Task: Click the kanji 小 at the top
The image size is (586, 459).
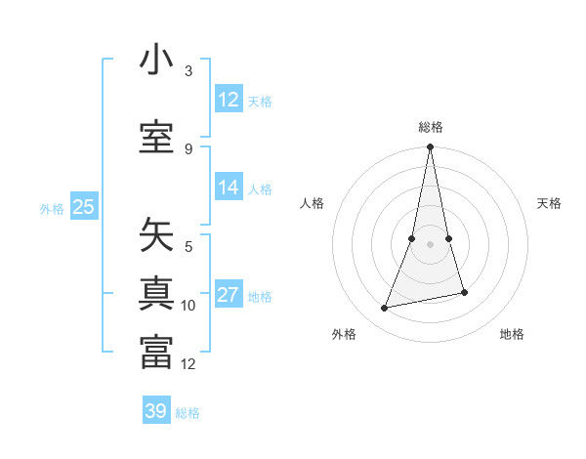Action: click(156, 61)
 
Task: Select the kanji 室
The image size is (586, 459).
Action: click(156, 137)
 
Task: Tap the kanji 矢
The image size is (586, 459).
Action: click(156, 235)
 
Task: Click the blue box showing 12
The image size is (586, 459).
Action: click(229, 100)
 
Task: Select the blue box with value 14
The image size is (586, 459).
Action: click(229, 188)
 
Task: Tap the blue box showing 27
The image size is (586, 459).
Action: click(229, 295)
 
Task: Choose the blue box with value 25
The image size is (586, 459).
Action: click(84, 206)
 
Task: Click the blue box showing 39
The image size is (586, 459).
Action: click(156, 411)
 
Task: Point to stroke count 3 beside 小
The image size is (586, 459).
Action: click(188, 71)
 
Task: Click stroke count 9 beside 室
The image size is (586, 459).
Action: click(188, 148)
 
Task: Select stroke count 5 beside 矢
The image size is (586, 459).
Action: click(188, 247)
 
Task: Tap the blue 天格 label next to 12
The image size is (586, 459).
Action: click(260, 102)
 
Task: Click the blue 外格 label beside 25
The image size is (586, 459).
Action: click(52, 208)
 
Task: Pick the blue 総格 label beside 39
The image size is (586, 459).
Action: click(188, 413)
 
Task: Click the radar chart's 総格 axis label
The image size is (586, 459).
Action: click(431, 127)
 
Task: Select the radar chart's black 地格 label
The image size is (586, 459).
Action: click(512, 334)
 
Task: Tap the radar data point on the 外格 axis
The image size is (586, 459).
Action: click(385, 309)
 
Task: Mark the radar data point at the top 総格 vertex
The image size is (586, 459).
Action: click(431, 147)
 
